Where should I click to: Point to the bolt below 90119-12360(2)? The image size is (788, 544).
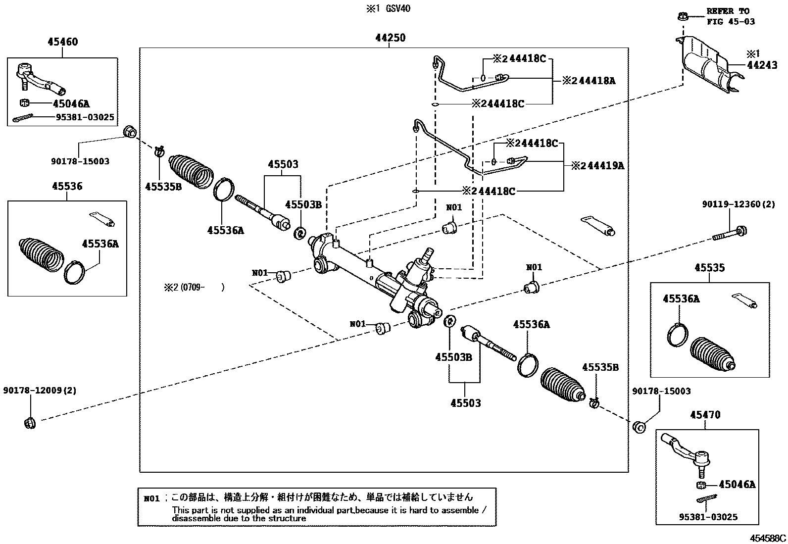pyautogui.click(x=730, y=233)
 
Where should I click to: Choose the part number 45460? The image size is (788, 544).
pyautogui.click(x=62, y=42)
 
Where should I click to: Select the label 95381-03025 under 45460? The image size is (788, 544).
pyautogui.click(x=86, y=117)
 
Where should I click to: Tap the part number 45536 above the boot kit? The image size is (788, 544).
pyautogui.click(x=67, y=187)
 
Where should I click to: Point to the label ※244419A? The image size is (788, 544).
pyautogui.click(x=597, y=166)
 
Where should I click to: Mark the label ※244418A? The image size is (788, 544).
pyautogui.click(x=589, y=81)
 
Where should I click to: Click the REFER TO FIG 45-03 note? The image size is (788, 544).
pyautogui.click(x=730, y=16)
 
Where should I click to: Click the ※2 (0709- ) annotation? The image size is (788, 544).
pyautogui.click(x=194, y=287)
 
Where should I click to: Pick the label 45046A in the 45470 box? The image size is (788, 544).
pyautogui.click(x=737, y=485)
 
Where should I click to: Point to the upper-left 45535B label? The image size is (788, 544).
pyautogui.click(x=163, y=186)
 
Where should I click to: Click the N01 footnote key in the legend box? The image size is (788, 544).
pyautogui.click(x=152, y=498)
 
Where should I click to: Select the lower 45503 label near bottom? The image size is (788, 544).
pyautogui.click(x=465, y=403)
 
